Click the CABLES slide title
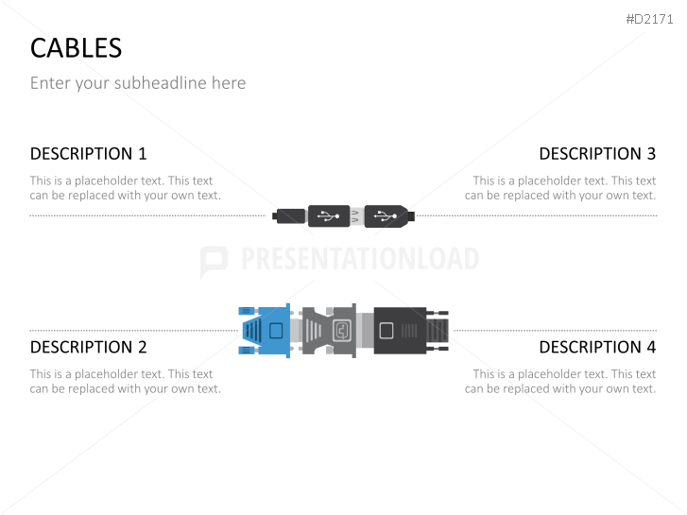(x=76, y=47)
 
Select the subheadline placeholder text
(x=138, y=83)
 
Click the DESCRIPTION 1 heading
(x=89, y=154)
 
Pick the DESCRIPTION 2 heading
(x=89, y=347)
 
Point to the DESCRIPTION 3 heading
(x=596, y=154)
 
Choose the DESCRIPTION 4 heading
(x=596, y=347)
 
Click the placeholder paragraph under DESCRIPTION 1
(x=125, y=188)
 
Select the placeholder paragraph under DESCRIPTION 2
(x=125, y=381)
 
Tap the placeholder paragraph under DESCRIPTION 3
(x=560, y=188)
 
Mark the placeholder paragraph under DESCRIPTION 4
(x=560, y=381)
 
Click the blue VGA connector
(x=267, y=331)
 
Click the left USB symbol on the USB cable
(x=329, y=216)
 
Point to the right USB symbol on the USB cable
(x=383, y=216)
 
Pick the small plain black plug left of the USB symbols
(x=290, y=216)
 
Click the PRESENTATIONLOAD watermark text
(x=359, y=260)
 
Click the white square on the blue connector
(x=276, y=331)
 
